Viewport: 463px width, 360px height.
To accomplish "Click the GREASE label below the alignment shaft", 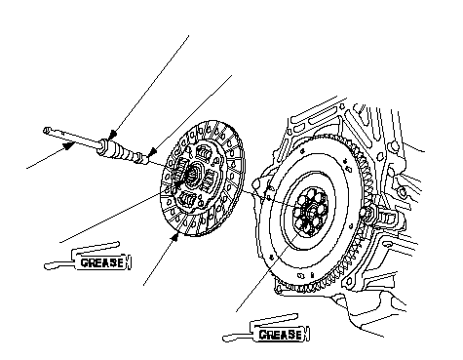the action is click(x=101, y=262).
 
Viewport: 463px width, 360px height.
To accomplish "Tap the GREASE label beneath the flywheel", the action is click(x=280, y=335).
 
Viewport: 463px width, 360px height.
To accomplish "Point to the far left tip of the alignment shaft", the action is click(x=45, y=131).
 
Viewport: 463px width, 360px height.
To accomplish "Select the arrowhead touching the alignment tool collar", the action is click(x=112, y=135).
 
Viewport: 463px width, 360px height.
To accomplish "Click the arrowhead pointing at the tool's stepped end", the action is click(x=152, y=152).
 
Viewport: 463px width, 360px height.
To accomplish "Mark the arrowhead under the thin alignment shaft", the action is click(x=68, y=146).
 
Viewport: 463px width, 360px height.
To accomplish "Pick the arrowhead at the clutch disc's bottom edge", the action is click(x=174, y=238).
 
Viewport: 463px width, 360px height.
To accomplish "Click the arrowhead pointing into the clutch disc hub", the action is click(x=178, y=183).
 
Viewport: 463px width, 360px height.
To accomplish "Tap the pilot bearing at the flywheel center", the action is click(x=311, y=212).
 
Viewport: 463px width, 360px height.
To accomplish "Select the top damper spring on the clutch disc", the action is click(x=204, y=152).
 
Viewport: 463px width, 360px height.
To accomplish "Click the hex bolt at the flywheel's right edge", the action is click(x=367, y=214).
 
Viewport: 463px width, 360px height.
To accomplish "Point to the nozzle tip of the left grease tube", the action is click(x=47, y=266).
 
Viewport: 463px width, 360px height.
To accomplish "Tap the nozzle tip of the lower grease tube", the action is click(x=225, y=339).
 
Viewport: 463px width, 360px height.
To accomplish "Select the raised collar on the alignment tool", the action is click(x=103, y=145).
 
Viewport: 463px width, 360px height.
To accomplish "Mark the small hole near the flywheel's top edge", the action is click(x=303, y=150).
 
